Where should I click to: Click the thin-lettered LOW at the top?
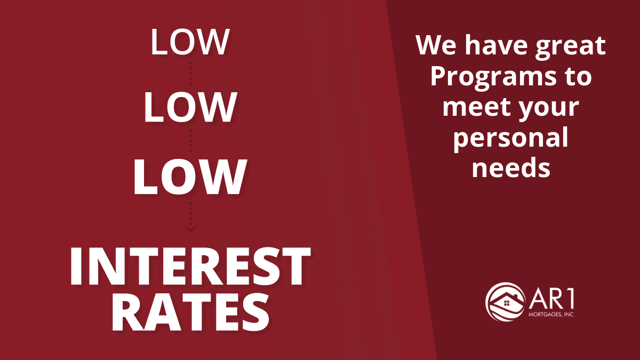tap(190, 42)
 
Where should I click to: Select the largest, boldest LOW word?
tap(190, 177)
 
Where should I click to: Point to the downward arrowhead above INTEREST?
tap(190, 229)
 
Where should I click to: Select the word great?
tap(570, 46)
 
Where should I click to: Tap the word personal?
tap(510, 138)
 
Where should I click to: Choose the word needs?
tap(511, 167)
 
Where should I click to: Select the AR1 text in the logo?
tap(551, 300)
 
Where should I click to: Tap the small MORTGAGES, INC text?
tap(551, 314)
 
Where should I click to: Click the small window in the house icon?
tap(506, 302)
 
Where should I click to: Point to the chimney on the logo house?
tap(516, 295)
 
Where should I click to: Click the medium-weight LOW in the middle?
tap(190, 107)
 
